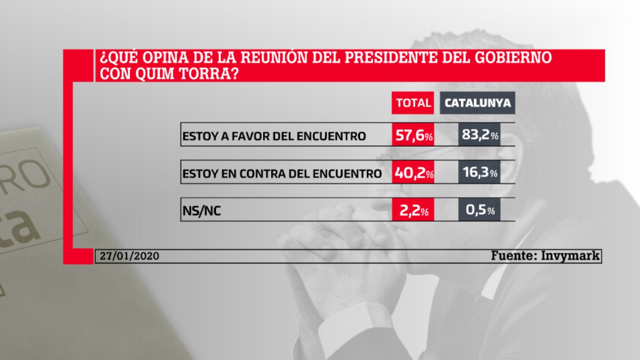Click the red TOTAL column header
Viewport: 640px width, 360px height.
pyautogui.click(x=413, y=103)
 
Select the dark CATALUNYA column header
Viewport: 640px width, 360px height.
pyautogui.click(x=478, y=103)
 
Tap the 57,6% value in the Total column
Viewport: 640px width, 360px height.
pyautogui.click(x=413, y=135)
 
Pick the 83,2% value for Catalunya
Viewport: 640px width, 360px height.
pyautogui.click(x=480, y=135)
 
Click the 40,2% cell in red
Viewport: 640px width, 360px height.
pyautogui.click(x=413, y=172)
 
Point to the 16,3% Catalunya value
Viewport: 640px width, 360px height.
pyautogui.click(x=480, y=172)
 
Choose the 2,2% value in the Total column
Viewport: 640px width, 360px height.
pyautogui.click(x=413, y=210)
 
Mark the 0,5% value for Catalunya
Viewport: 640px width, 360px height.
pyautogui.click(x=480, y=210)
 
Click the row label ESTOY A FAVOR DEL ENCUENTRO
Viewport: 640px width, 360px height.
pyautogui.click(x=274, y=136)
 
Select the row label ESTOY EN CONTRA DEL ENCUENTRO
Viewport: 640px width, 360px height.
pyautogui.click(x=282, y=173)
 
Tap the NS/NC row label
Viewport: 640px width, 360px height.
pyautogui.click(x=202, y=211)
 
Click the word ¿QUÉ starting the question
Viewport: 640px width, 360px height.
pyautogui.click(x=117, y=58)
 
